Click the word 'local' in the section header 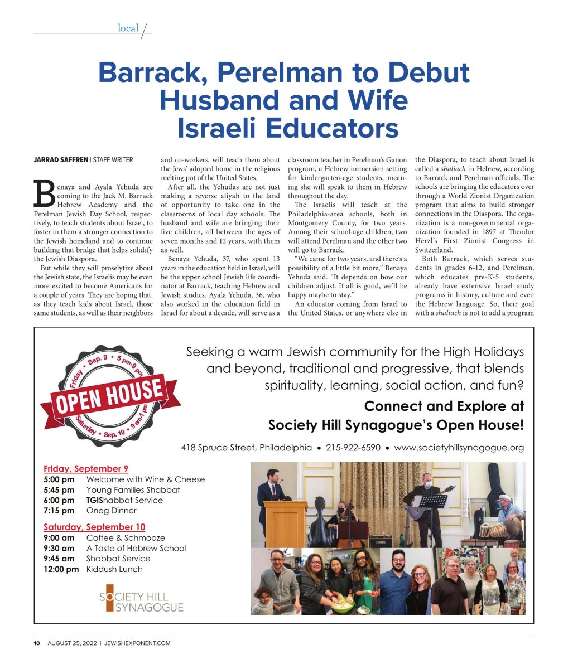click(x=128, y=28)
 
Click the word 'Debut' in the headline click(x=429, y=73)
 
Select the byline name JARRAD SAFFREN click(x=60, y=160)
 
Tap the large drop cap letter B click(x=44, y=193)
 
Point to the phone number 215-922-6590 click(x=353, y=448)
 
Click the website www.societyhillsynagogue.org click(x=459, y=448)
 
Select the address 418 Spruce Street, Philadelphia click(x=247, y=448)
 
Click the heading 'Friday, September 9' click(x=86, y=468)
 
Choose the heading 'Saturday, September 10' click(x=94, y=527)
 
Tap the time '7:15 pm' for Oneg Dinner click(x=59, y=511)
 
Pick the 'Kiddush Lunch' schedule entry click(x=114, y=569)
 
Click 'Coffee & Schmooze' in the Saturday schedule click(x=126, y=538)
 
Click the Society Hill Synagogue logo click(x=141, y=598)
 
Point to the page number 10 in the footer click(x=37, y=643)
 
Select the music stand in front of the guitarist click(x=433, y=502)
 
